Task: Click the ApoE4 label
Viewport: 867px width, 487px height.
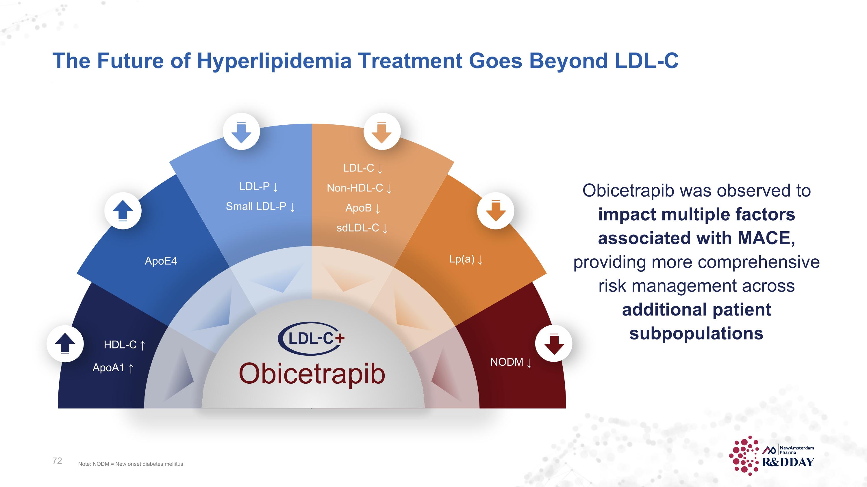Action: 161,261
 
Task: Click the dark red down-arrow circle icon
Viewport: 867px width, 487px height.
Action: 554,344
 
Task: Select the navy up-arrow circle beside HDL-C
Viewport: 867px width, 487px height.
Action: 65,344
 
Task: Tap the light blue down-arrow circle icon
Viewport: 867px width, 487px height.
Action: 241,132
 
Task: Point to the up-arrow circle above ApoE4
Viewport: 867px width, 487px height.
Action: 123,211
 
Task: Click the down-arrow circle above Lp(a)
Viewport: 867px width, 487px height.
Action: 495,211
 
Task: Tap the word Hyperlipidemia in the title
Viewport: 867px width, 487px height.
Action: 274,61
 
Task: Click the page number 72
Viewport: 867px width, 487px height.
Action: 57,461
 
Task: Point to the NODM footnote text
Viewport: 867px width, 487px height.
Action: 131,464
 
